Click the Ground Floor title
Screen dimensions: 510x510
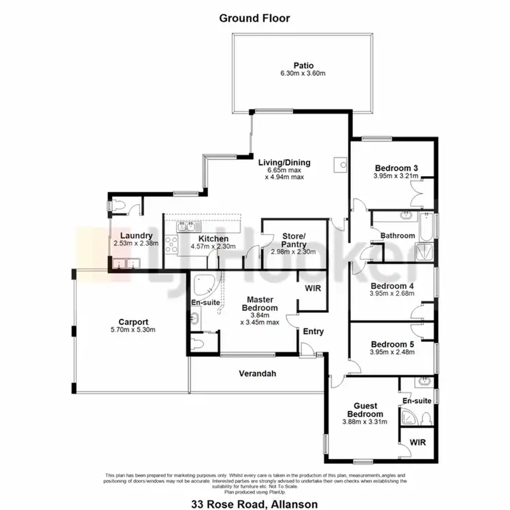click(x=254, y=18)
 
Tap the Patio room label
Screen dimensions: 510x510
click(x=303, y=65)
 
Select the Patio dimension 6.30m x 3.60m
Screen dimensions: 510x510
click(x=303, y=74)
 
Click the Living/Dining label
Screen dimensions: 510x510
click(x=284, y=163)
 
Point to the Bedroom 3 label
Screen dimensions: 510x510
click(x=395, y=168)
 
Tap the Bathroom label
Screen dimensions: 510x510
click(x=398, y=236)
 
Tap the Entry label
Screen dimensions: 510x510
click(x=313, y=332)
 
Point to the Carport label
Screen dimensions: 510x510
click(x=133, y=322)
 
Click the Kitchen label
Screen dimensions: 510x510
click(x=213, y=238)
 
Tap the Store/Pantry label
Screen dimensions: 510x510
click(x=294, y=240)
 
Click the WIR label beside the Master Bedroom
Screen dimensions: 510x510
click(x=313, y=288)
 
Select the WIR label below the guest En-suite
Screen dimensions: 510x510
click(x=418, y=443)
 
